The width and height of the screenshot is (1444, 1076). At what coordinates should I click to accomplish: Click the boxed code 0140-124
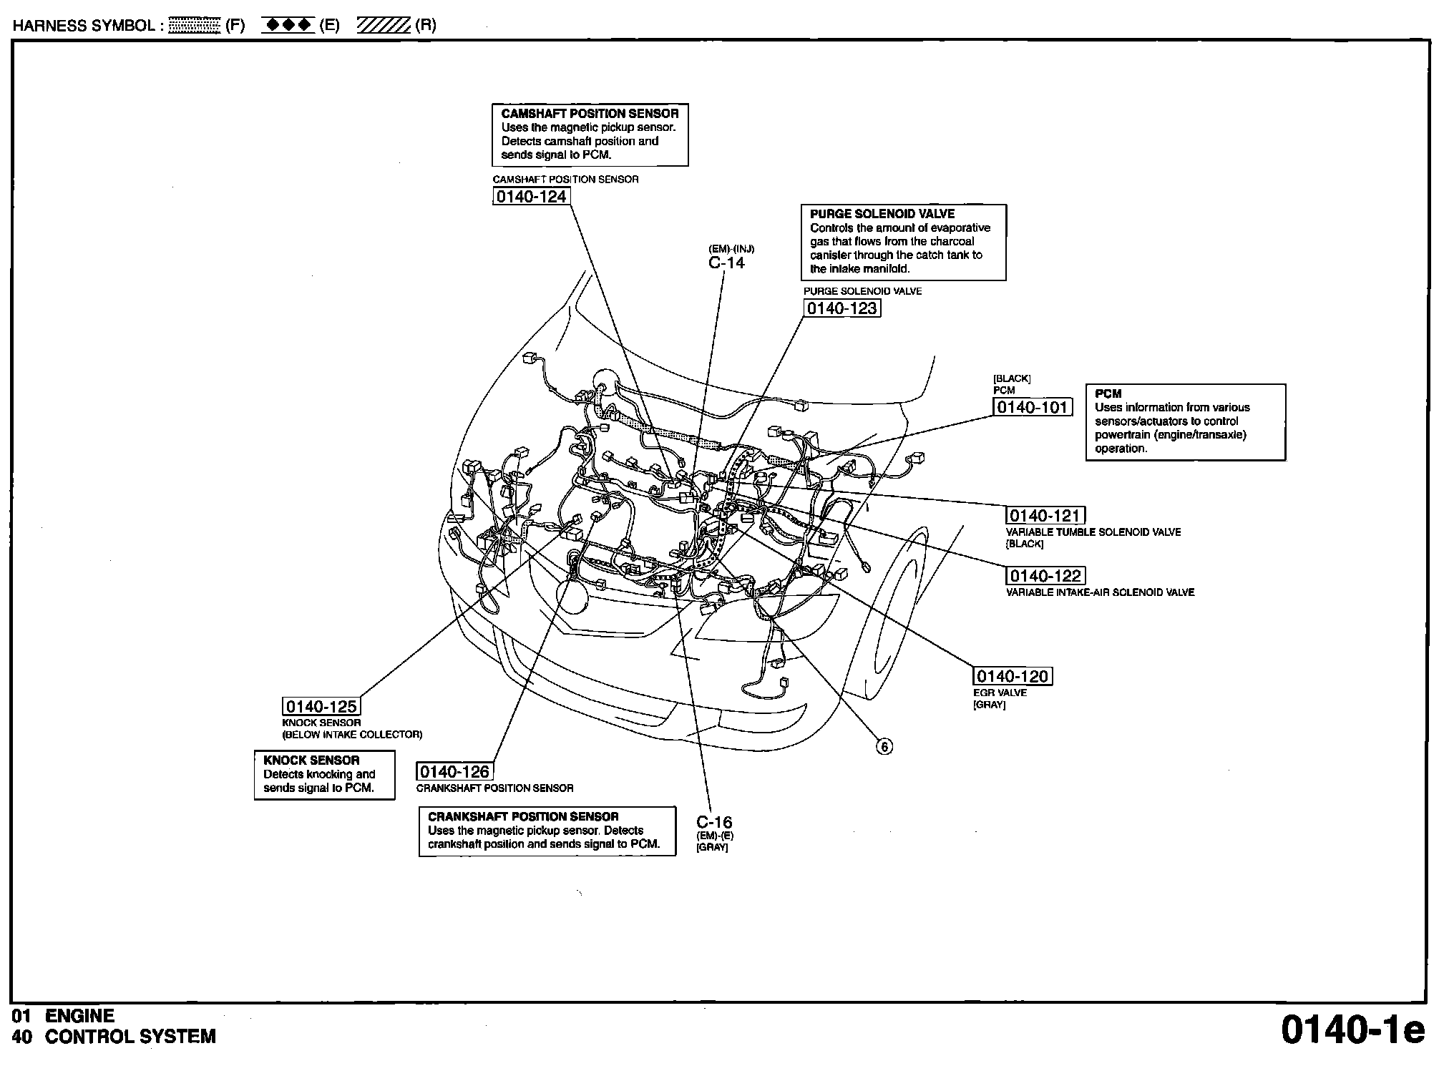click(x=531, y=197)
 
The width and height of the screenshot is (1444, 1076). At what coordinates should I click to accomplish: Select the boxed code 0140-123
click(x=841, y=308)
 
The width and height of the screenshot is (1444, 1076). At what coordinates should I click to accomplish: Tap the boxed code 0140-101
click(x=1033, y=407)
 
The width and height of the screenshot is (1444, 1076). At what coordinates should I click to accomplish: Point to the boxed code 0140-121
click(x=1045, y=516)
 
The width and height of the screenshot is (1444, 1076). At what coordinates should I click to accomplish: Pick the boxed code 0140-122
click(x=1045, y=576)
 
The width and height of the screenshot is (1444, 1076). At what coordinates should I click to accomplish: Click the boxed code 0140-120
click(x=1013, y=676)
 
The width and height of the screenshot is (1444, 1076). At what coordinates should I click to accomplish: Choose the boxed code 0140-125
click(x=321, y=707)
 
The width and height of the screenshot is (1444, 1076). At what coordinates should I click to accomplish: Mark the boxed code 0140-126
click(x=454, y=771)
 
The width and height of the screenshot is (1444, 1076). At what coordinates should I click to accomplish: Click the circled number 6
click(x=884, y=747)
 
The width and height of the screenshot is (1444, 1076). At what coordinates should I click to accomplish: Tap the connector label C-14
click(x=726, y=263)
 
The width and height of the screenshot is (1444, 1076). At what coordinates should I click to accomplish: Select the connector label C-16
click(x=714, y=822)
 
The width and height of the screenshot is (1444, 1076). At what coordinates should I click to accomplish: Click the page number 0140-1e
click(x=1352, y=1031)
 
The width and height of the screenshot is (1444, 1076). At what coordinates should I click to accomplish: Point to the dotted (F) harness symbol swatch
click(x=194, y=26)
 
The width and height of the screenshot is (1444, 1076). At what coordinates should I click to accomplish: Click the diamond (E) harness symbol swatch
click(x=288, y=26)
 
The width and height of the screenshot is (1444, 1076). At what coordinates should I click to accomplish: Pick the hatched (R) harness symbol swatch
click(x=384, y=26)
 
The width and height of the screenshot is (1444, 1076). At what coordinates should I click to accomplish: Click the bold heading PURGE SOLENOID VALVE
click(x=882, y=214)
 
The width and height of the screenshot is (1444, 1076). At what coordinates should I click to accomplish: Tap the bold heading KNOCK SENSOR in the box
click(x=311, y=760)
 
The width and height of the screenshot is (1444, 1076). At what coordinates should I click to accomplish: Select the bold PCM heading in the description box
click(x=1108, y=393)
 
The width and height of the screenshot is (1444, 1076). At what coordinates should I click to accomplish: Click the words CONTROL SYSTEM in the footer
click(x=130, y=1037)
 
